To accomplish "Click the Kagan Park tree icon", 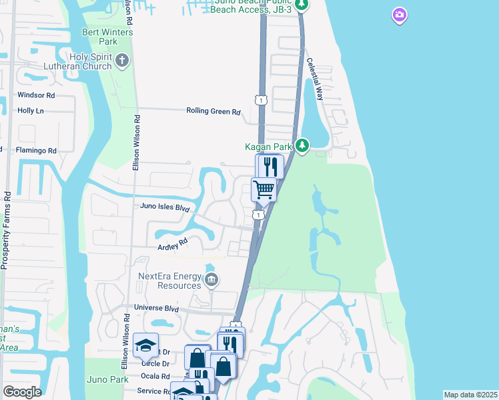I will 302,145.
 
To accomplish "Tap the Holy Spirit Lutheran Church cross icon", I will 121,61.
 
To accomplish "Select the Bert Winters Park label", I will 107,37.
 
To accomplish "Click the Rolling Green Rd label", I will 213,112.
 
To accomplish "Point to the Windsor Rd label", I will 36,95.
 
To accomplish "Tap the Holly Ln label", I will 31,111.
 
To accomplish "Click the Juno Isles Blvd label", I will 165,207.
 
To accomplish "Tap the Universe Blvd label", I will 157,308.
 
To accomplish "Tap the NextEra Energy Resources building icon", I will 211,279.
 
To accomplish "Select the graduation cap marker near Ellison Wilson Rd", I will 145,345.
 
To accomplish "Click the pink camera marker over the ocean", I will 400,15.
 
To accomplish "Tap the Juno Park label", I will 107,379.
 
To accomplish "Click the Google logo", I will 22,391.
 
